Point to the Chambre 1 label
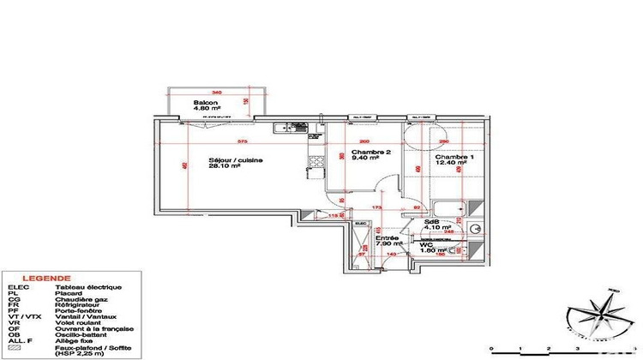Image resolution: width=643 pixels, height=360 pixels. [453, 158]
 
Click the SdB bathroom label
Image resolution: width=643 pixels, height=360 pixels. [431, 220]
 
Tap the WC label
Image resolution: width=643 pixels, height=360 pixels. [424, 244]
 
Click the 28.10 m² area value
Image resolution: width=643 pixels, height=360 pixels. [225, 168]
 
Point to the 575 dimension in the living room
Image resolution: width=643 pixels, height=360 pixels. [243, 141]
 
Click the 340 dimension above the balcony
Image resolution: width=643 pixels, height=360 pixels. [216, 93]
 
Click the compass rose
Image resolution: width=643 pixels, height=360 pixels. [605, 313]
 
